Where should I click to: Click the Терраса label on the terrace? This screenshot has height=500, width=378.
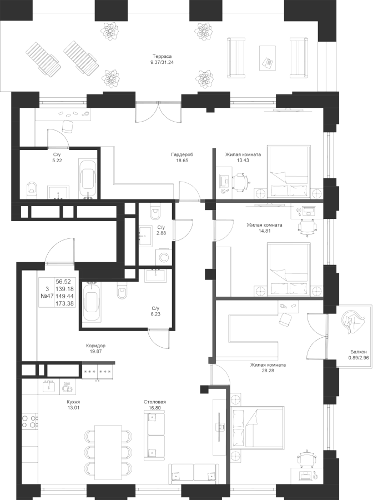click(x=162, y=57)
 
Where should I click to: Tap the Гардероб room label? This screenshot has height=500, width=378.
click(x=183, y=155)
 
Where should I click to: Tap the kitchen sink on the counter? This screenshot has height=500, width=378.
click(x=49, y=386)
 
